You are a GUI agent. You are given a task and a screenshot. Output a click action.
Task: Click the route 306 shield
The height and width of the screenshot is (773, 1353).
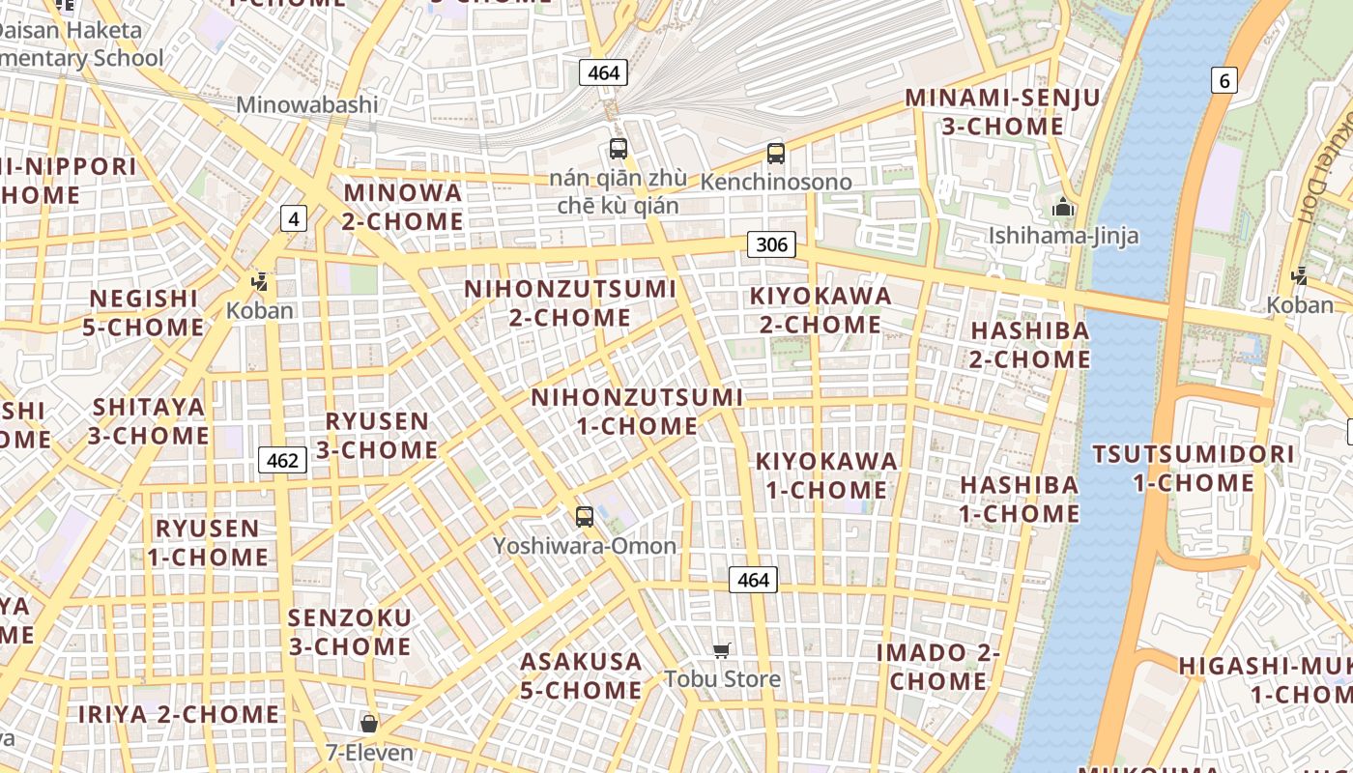click(771, 244)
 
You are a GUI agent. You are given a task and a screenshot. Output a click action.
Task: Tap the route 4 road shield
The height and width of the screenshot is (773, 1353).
click(293, 219)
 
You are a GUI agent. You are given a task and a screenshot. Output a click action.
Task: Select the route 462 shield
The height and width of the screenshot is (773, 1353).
click(282, 460)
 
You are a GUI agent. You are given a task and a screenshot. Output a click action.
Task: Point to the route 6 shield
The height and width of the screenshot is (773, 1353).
click(1224, 80)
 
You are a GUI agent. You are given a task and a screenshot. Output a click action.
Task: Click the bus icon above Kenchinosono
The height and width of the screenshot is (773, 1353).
click(775, 153)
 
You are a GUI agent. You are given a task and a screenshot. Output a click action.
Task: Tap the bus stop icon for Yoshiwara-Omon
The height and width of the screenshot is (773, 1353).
click(584, 516)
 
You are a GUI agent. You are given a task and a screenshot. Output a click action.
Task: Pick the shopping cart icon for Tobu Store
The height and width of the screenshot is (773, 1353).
click(721, 650)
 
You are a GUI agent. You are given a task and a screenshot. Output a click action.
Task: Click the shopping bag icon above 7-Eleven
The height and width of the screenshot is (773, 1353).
click(368, 723)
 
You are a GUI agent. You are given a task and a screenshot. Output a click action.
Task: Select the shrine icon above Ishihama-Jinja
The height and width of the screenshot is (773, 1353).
click(1063, 207)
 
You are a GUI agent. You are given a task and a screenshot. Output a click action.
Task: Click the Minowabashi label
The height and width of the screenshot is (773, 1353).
click(307, 104)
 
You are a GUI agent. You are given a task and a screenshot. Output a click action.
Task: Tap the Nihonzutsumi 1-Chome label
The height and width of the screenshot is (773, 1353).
click(638, 412)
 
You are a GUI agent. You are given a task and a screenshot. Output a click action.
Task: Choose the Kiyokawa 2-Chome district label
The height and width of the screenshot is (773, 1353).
click(820, 309)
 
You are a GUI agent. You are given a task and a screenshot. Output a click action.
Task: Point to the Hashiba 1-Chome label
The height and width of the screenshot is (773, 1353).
click(1019, 499)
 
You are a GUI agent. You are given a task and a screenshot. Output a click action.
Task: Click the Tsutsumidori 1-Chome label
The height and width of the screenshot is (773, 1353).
click(1194, 468)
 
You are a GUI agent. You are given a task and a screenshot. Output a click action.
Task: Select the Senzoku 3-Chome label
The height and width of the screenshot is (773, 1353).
click(350, 631)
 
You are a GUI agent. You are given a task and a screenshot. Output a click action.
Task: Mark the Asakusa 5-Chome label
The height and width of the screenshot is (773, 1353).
click(581, 675)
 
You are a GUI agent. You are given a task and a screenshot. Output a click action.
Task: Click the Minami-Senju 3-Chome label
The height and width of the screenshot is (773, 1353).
click(1002, 111)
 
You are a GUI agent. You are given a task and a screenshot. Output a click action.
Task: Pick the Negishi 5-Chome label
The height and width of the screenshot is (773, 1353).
click(143, 312)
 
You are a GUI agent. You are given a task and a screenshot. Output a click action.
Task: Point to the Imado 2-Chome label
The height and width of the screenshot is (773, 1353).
click(937, 667)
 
